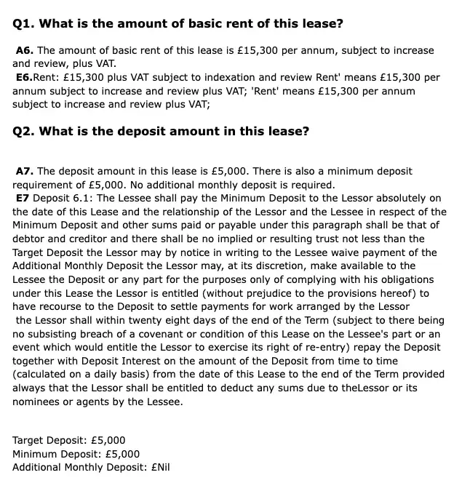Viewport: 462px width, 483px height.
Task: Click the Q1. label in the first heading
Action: [23, 23]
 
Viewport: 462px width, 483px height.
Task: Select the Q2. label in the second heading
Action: [23, 131]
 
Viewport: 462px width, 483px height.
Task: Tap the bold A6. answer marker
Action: [25, 50]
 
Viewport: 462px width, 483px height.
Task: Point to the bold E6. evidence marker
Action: [25, 77]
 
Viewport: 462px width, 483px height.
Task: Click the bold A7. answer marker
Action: [25, 171]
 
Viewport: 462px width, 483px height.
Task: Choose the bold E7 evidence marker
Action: [23, 198]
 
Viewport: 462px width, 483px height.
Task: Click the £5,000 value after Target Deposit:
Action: [105, 440]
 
